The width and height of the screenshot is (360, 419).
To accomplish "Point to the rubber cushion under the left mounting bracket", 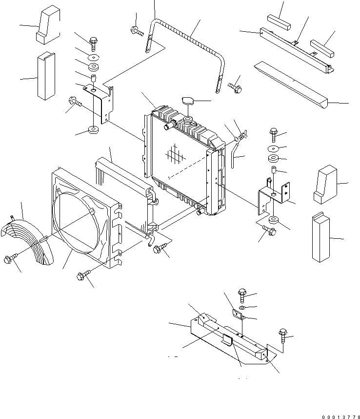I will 93,130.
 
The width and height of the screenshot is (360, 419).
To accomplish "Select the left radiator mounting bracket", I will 103,103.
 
